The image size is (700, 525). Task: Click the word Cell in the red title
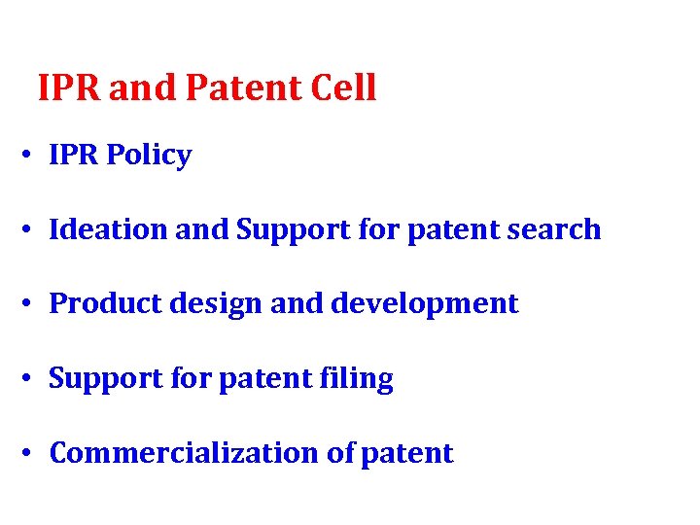tap(343, 88)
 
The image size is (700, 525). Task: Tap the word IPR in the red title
tap(70, 88)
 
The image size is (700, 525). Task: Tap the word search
tap(557, 229)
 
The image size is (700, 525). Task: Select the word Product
tap(100, 304)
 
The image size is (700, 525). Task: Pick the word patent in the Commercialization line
tap(406, 453)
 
